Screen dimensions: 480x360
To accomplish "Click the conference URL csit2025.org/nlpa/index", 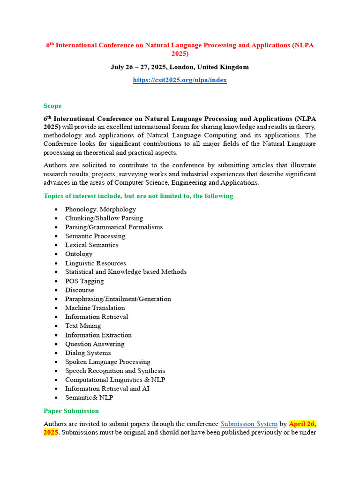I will (180, 80).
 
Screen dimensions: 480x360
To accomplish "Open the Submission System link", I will (249, 424).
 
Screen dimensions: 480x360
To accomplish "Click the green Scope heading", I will (52, 106).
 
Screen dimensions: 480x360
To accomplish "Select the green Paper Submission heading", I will (71, 411).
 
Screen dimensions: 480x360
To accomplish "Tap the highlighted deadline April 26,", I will (303, 424).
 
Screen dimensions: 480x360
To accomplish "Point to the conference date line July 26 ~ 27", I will (141, 67).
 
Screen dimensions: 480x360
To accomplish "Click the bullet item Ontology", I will (79, 254).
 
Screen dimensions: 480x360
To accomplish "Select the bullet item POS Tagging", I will (84, 281).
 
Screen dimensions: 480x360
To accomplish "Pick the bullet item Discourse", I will (79, 290).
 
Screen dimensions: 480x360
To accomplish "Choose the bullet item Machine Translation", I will (95, 307).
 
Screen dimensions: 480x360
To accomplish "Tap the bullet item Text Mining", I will (83, 326).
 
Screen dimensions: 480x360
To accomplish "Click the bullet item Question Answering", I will (95, 344).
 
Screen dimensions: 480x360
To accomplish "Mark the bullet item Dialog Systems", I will (88, 352).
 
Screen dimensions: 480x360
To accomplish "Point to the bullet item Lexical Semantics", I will (91, 245).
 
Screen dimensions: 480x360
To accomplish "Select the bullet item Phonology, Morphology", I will (100, 209).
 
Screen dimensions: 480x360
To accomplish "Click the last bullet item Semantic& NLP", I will (89, 397).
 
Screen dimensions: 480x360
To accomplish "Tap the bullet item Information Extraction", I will (98, 335).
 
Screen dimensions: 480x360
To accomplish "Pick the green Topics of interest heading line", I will (138, 196).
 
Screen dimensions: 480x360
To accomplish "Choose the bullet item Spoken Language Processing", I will (107, 361).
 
